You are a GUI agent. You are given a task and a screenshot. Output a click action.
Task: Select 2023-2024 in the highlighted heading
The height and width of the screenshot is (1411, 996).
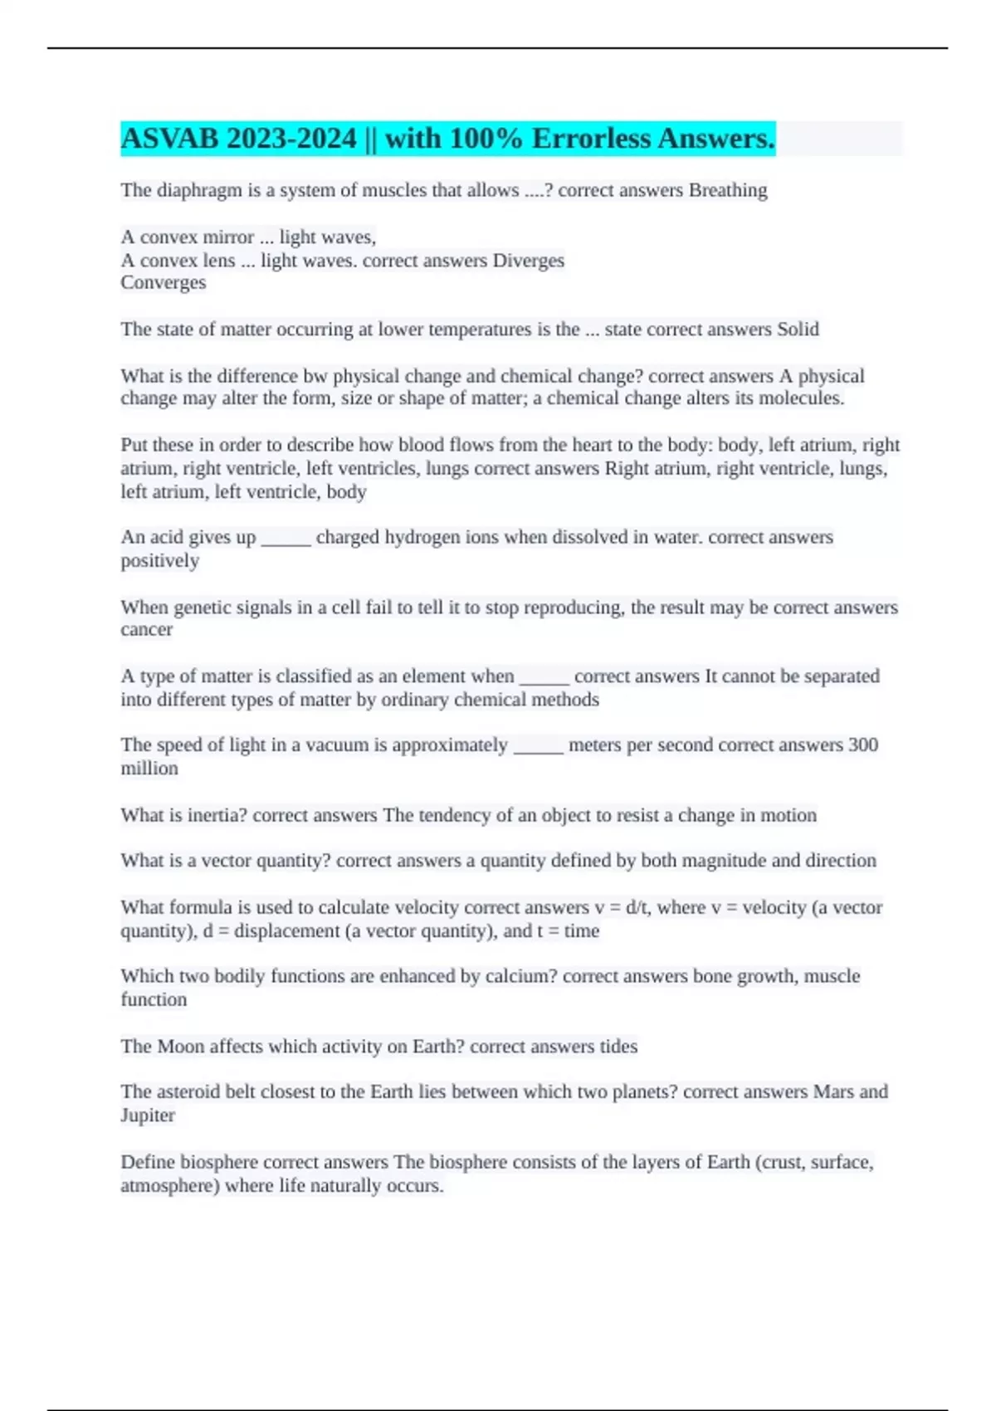tap(291, 139)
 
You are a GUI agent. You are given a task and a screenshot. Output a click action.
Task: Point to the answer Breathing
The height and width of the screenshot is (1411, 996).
tap(728, 191)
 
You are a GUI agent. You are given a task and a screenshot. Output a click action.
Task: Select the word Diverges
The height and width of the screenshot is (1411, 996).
tap(528, 261)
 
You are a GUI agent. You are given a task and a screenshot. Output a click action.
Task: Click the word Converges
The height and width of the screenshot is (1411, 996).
tap(164, 283)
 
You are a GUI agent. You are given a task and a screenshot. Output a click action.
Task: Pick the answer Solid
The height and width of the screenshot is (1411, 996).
tap(797, 330)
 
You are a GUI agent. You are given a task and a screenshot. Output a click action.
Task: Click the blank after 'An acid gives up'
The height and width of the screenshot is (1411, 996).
tap(286, 538)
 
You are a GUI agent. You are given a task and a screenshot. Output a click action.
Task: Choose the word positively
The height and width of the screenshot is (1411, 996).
tap(160, 561)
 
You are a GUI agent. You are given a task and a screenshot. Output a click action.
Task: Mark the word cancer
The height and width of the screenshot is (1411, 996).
tap(147, 630)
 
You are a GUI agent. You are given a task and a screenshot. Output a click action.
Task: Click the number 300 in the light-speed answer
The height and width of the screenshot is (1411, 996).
tap(862, 745)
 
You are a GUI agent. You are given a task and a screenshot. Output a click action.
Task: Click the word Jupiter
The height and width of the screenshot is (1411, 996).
tap(148, 1116)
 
